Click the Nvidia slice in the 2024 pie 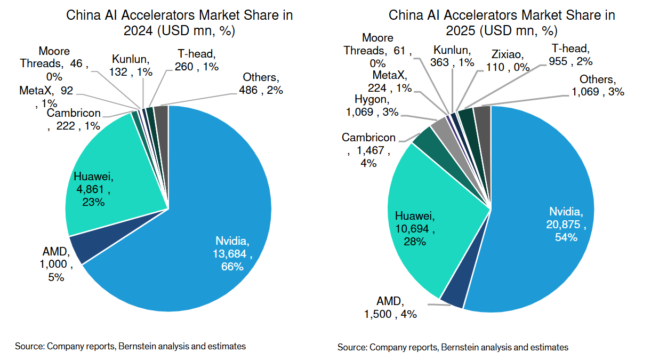click(213, 224)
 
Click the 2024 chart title click(179, 23)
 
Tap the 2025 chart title click(501, 23)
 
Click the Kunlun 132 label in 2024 click(130, 65)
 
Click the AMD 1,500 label click(390, 308)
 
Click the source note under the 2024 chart click(130, 346)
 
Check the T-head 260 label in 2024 click(196, 59)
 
